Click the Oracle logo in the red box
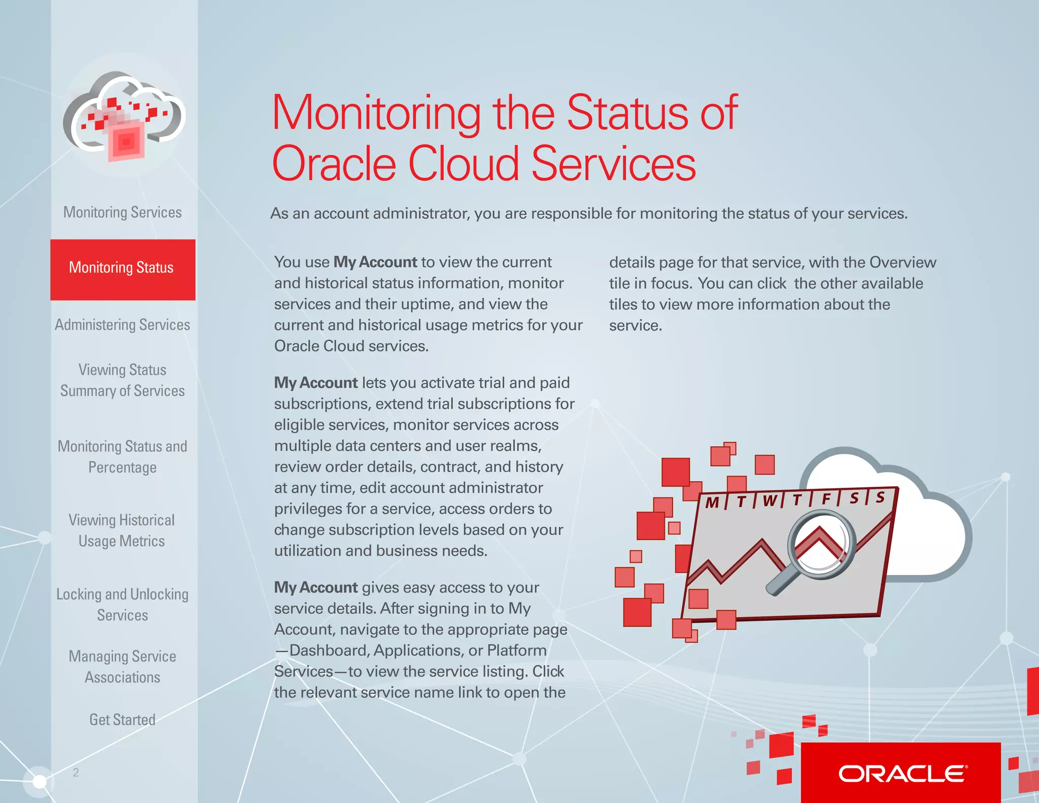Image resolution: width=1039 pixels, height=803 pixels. click(x=903, y=774)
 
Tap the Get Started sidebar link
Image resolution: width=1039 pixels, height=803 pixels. click(x=122, y=720)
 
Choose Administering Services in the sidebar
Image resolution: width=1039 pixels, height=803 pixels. click(x=122, y=325)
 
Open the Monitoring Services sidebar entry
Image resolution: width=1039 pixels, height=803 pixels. click(x=122, y=212)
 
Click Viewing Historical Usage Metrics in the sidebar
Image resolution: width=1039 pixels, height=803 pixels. click(x=122, y=530)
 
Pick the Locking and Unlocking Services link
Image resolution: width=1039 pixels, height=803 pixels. click(x=122, y=605)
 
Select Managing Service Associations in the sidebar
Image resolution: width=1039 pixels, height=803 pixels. click(x=122, y=666)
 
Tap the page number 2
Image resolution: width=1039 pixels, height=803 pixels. click(x=76, y=773)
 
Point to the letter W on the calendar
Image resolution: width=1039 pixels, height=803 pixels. click(x=770, y=501)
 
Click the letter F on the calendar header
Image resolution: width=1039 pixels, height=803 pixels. click(x=826, y=499)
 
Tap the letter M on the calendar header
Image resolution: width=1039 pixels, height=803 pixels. click(x=712, y=503)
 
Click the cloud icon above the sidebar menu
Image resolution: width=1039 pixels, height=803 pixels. click(x=124, y=116)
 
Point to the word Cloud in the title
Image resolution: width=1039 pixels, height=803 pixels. click(x=464, y=164)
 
